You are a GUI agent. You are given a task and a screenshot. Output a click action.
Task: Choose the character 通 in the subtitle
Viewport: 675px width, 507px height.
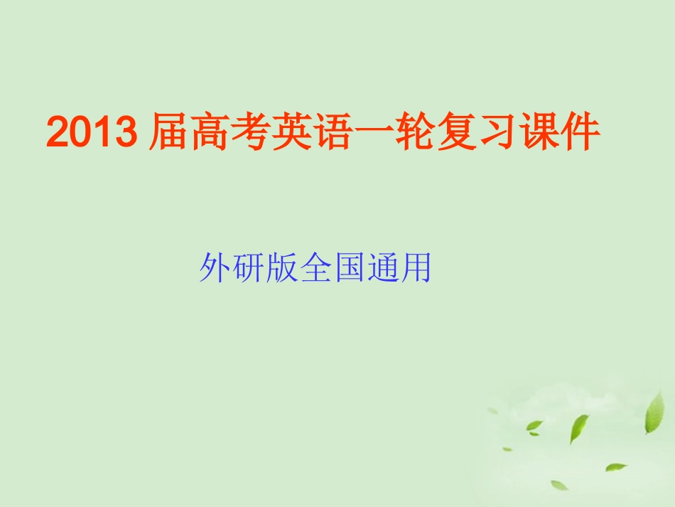pos(382,269)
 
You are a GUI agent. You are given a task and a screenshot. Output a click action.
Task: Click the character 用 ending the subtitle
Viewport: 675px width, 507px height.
pos(416,269)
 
